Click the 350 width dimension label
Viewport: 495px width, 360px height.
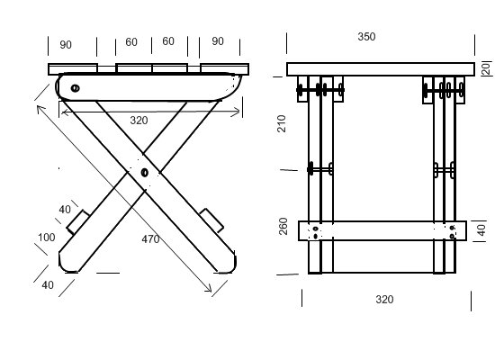[x=366, y=37]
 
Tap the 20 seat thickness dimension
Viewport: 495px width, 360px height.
[x=487, y=68]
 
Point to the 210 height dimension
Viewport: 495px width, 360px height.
[x=282, y=123]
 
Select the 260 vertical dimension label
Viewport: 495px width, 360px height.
[x=283, y=226]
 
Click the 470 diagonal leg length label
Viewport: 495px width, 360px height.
[x=150, y=239]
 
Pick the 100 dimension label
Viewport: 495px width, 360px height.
[x=47, y=238]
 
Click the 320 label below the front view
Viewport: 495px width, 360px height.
[x=384, y=299]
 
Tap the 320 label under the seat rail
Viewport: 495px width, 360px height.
[x=139, y=121]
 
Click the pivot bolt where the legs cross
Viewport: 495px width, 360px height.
[x=145, y=173]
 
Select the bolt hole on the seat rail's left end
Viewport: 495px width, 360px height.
[x=75, y=88]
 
